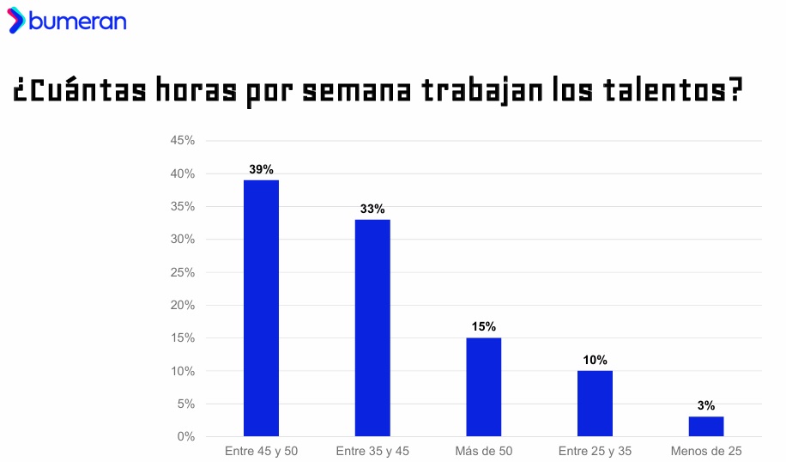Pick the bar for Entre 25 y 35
pos(595,403)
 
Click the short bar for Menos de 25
pos(706,426)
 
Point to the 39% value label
pos(261,170)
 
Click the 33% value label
pos(372,210)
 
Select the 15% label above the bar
pos(484,327)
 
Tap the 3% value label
pos(706,406)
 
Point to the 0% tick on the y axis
pos(186,436)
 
